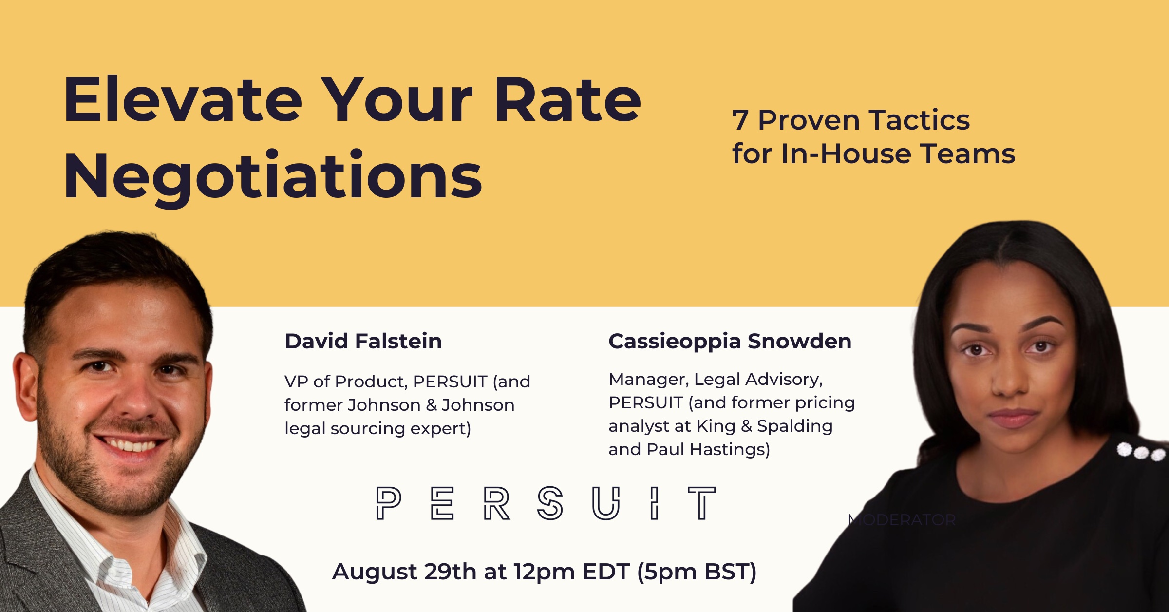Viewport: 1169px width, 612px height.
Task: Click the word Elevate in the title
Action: [x=183, y=101]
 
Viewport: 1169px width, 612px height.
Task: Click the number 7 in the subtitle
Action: [x=740, y=120]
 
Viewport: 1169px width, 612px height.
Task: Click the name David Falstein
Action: [x=363, y=341]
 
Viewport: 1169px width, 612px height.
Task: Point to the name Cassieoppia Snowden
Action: [x=730, y=341]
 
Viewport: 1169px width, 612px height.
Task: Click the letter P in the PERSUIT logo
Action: [x=388, y=503]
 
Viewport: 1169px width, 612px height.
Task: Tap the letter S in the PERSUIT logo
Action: [x=550, y=503]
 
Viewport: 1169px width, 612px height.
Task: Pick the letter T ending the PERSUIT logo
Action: [x=701, y=503]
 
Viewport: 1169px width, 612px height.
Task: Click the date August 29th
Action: [x=404, y=572]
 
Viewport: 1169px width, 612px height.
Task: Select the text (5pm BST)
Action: [x=697, y=572]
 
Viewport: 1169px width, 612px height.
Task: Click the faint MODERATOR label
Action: [x=902, y=520]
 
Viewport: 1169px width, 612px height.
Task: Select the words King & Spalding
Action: [x=764, y=426]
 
